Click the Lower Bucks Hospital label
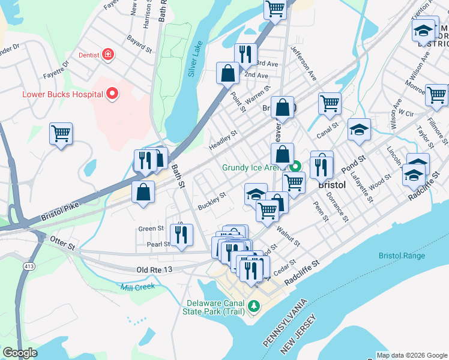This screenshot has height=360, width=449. click(x=62, y=94)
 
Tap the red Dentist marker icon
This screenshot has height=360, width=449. click(x=108, y=55)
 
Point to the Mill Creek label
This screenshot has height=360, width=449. click(x=137, y=287)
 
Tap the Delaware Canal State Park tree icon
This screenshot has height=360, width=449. click(x=254, y=307)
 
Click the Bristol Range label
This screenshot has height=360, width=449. click(x=402, y=256)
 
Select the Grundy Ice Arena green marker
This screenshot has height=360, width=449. click(x=295, y=167)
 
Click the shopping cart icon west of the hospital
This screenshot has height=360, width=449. click(x=61, y=133)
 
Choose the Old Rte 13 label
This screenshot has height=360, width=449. click(x=155, y=271)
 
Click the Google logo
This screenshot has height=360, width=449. click(x=20, y=353)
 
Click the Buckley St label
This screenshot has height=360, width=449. click(x=212, y=200)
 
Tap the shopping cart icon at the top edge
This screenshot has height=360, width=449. click(x=275, y=8)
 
